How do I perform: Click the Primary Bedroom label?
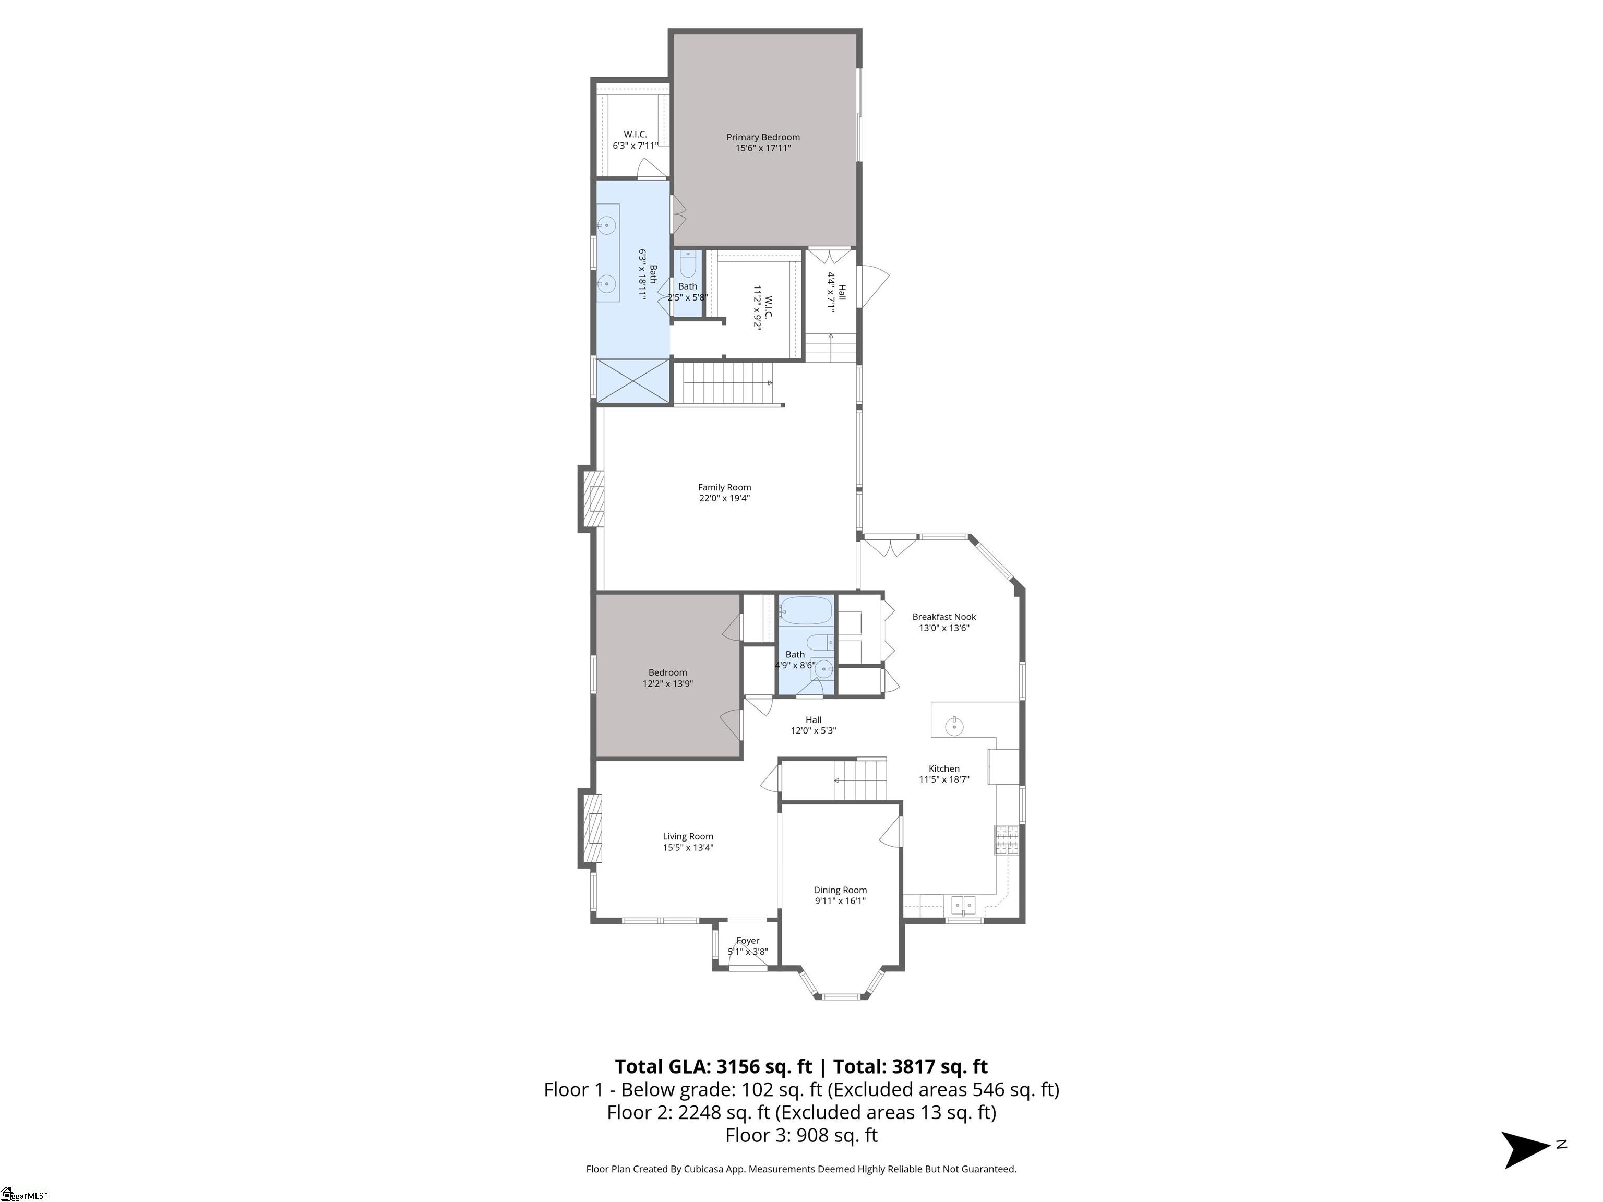(x=763, y=137)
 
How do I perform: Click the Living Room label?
(x=688, y=837)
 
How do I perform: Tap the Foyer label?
(x=748, y=941)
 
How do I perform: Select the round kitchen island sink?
(x=954, y=725)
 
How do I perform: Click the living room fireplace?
(x=591, y=828)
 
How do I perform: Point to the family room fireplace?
(x=591, y=499)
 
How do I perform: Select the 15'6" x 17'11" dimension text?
(x=763, y=148)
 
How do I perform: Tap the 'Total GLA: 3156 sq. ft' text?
(x=714, y=1066)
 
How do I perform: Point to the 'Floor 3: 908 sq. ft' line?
(x=801, y=1135)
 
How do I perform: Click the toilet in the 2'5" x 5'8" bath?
(x=688, y=265)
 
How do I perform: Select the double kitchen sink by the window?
(x=963, y=906)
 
